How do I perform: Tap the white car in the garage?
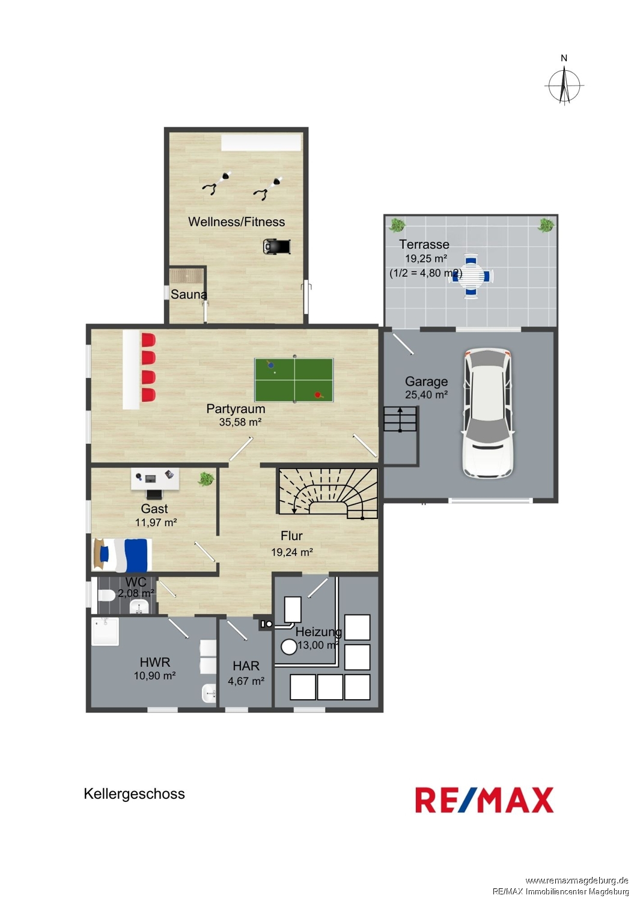pyautogui.click(x=488, y=413)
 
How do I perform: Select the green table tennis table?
pyautogui.click(x=294, y=380)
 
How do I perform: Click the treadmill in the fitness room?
pyautogui.click(x=276, y=246)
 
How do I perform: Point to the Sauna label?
pyautogui.click(x=189, y=294)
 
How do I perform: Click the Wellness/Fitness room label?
pyautogui.click(x=237, y=222)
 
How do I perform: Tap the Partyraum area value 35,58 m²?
pyautogui.click(x=240, y=422)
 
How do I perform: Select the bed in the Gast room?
pyautogui.click(x=122, y=554)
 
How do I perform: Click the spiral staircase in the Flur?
pyautogui.click(x=327, y=494)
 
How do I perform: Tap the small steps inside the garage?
pyautogui.click(x=400, y=419)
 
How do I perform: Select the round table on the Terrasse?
pyautogui.click(x=471, y=275)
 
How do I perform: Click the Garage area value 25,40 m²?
pyautogui.click(x=427, y=395)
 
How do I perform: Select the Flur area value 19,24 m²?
pyautogui.click(x=292, y=552)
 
